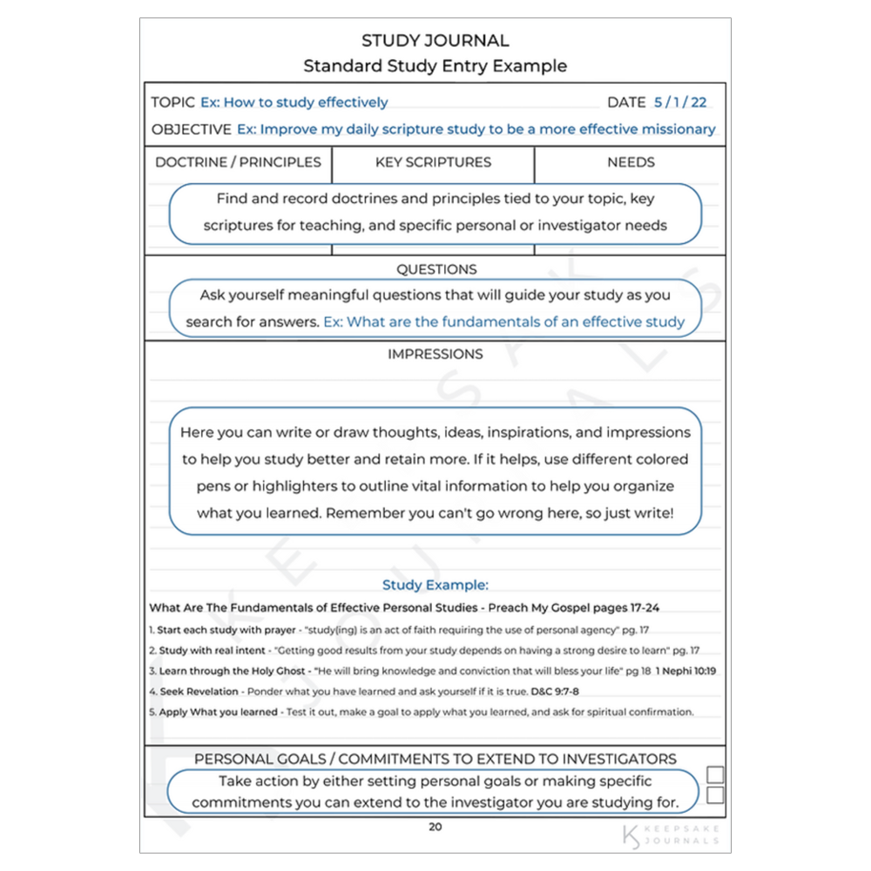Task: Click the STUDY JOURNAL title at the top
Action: tap(435, 41)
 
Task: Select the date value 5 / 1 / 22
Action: tap(680, 103)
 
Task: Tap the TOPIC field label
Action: tap(172, 103)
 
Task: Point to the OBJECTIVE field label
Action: tap(191, 130)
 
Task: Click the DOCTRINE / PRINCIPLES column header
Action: tap(238, 162)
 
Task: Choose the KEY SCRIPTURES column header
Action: tap(433, 162)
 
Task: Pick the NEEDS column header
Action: tap(631, 162)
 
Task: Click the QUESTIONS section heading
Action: tap(436, 270)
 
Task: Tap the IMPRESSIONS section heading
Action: tap(435, 354)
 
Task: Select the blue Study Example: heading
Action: tap(435, 585)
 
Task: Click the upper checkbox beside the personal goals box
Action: tap(715, 775)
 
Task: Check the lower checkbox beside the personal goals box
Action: tap(715, 795)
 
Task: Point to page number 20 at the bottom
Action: tap(435, 827)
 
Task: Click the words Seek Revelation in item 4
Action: tap(199, 692)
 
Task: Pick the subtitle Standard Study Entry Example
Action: tap(435, 66)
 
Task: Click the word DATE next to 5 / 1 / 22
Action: tap(626, 103)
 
